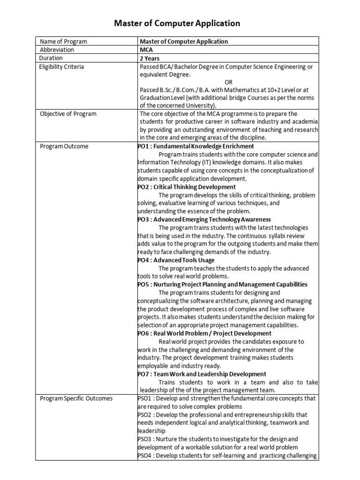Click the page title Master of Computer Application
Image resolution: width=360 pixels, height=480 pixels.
(178, 23)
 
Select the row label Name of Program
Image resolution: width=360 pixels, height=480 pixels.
(63, 42)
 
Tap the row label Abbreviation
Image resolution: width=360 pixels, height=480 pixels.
(57, 50)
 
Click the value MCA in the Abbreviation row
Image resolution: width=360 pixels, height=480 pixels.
(146, 50)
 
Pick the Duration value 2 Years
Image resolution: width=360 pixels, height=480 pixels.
(150, 59)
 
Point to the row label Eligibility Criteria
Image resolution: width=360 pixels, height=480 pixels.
(62, 67)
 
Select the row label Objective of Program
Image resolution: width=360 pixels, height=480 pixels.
(68, 114)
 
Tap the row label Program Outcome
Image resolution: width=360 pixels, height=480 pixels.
(64, 146)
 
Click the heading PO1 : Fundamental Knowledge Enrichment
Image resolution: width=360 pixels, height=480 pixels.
(195, 146)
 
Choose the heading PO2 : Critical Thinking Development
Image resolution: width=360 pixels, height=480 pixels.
(187, 187)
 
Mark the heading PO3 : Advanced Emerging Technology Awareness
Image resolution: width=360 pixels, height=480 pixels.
(204, 219)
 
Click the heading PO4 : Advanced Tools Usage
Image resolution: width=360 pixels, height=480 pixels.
(176, 260)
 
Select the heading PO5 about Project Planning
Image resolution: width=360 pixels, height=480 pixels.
(222, 285)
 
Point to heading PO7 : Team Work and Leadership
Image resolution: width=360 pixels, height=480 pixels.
(202, 374)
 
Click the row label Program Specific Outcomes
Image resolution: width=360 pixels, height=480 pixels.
(76, 399)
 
